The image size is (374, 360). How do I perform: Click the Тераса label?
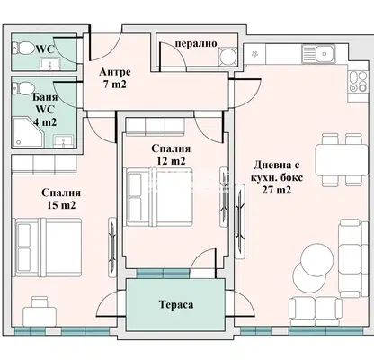tap(176, 305)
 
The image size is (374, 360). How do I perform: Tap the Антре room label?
tap(115, 72)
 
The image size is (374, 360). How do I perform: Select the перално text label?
tap(196, 43)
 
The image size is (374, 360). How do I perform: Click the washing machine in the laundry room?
tap(227, 56)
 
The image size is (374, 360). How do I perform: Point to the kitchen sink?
tap(318, 54)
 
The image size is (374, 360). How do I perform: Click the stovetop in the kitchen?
tap(358, 82)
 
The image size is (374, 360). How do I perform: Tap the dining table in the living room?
tap(342, 159)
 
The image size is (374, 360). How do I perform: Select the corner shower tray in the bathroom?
tap(29, 132)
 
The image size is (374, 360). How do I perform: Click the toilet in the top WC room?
tap(23, 48)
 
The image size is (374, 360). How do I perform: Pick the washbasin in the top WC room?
tap(50, 64)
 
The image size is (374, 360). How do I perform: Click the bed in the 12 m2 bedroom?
tap(159, 197)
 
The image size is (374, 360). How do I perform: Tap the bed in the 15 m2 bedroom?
tap(49, 247)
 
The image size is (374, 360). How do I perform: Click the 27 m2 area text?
tap(277, 190)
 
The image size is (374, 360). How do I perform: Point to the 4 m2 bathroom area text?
tap(45, 122)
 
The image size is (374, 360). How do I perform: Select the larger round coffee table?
tap(316, 259)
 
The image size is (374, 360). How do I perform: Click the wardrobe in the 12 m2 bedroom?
tap(155, 127)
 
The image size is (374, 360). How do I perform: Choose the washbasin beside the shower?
tap(63, 141)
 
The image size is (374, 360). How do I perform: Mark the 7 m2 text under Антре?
tap(115, 85)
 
